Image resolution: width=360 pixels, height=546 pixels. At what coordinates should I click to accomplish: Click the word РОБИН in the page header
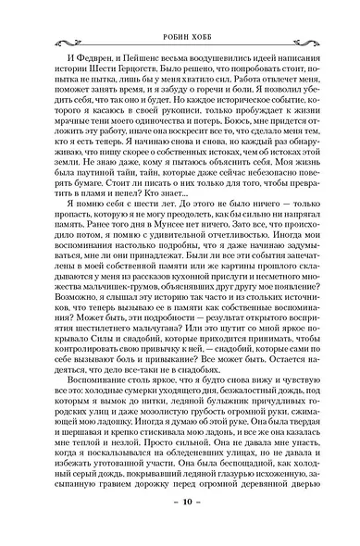158,17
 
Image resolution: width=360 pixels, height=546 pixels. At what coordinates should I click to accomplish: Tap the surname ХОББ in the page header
198,17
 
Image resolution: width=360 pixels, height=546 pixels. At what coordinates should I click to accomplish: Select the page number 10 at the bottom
180,528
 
